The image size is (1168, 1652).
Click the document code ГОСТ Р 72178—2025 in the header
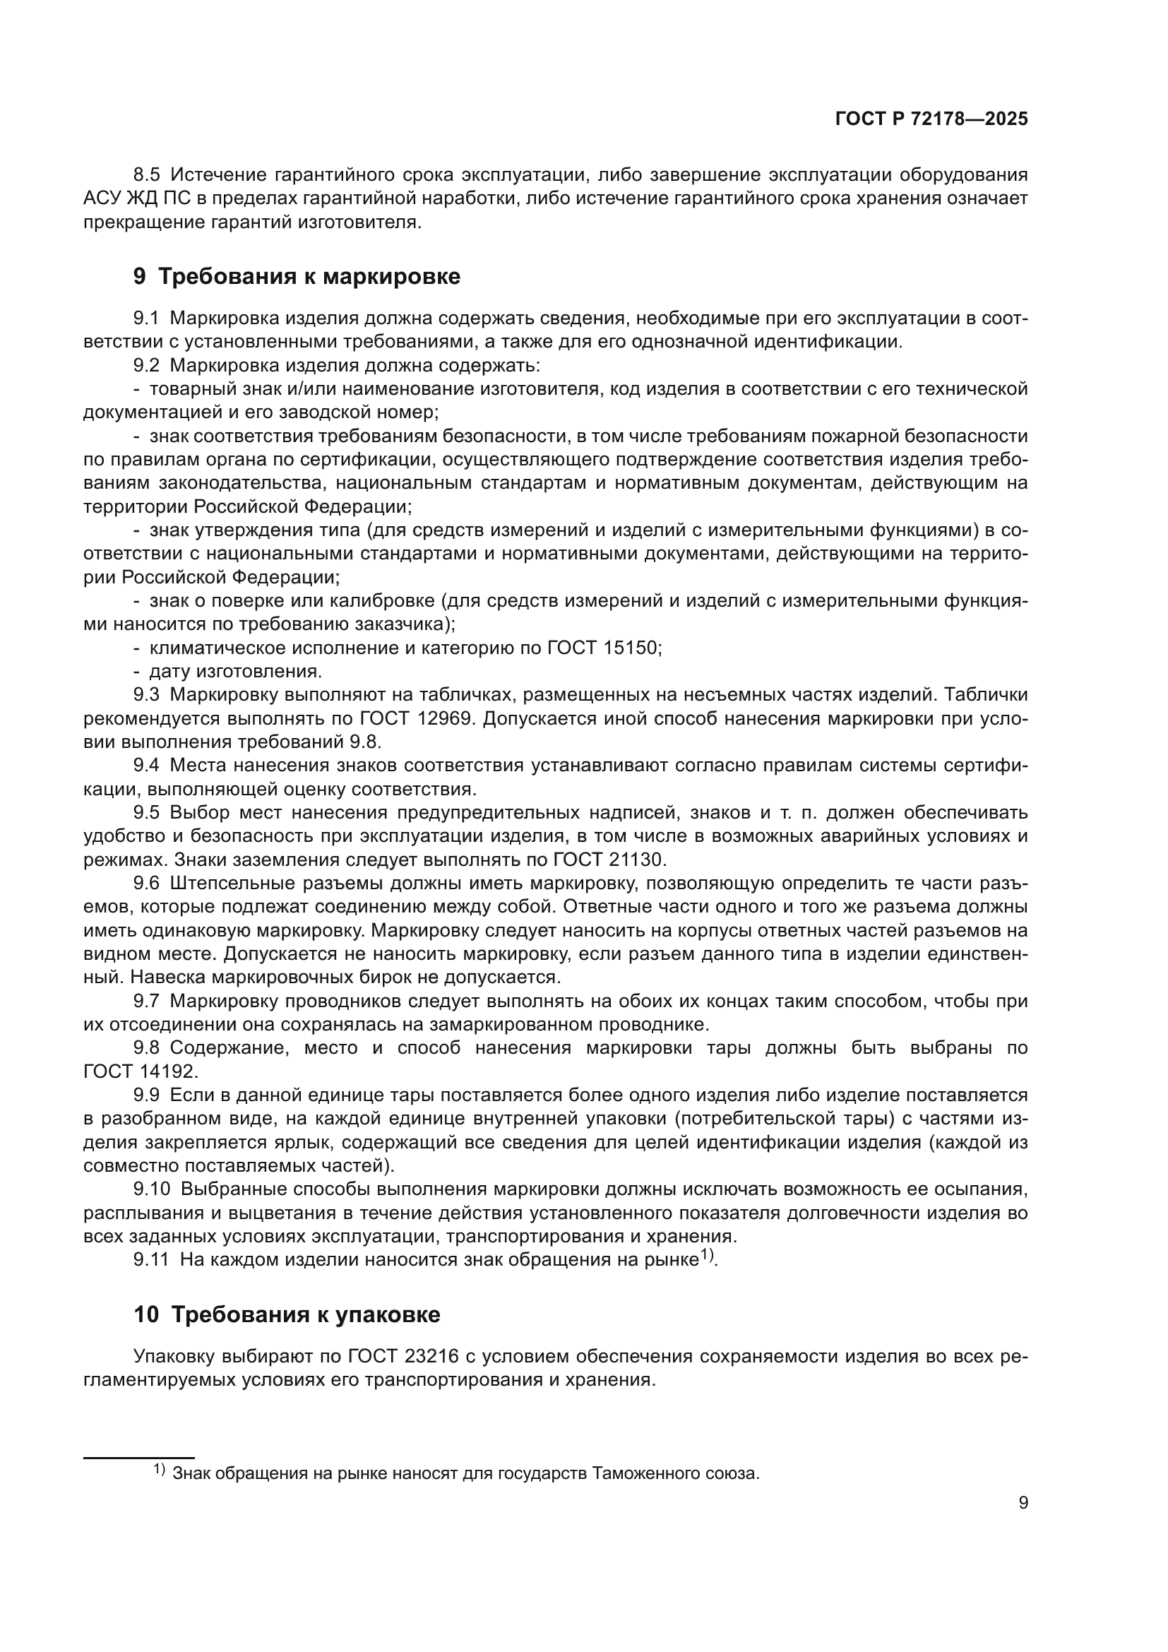click(931, 119)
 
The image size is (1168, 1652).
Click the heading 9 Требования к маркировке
click(297, 276)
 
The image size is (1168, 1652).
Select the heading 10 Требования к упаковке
click(286, 1314)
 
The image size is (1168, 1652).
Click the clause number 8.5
click(147, 175)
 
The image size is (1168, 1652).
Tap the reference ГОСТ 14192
click(140, 1071)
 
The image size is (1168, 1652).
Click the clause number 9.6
click(147, 884)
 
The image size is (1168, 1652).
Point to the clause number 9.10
click(151, 1189)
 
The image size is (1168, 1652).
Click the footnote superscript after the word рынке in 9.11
click(707, 1256)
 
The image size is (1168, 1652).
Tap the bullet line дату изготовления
click(236, 671)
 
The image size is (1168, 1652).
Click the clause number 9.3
click(147, 695)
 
